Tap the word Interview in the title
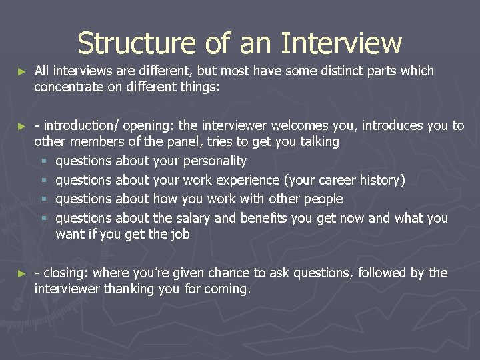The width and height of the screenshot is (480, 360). [341, 43]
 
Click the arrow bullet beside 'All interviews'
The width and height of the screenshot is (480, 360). [22, 71]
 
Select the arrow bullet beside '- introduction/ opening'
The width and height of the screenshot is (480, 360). [22, 126]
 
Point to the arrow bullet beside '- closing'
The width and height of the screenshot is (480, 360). [22, 273]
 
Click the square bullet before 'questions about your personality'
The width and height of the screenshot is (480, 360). [44, 161]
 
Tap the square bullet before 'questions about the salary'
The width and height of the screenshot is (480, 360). [44, 219]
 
